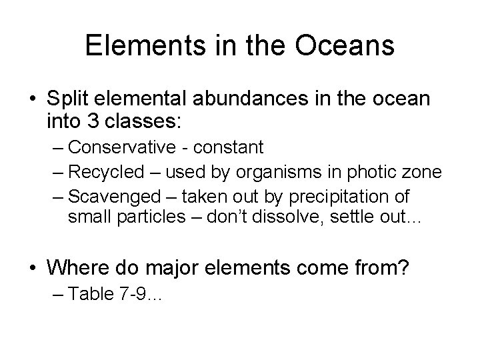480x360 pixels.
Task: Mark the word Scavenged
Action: click(x=111, y=197)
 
